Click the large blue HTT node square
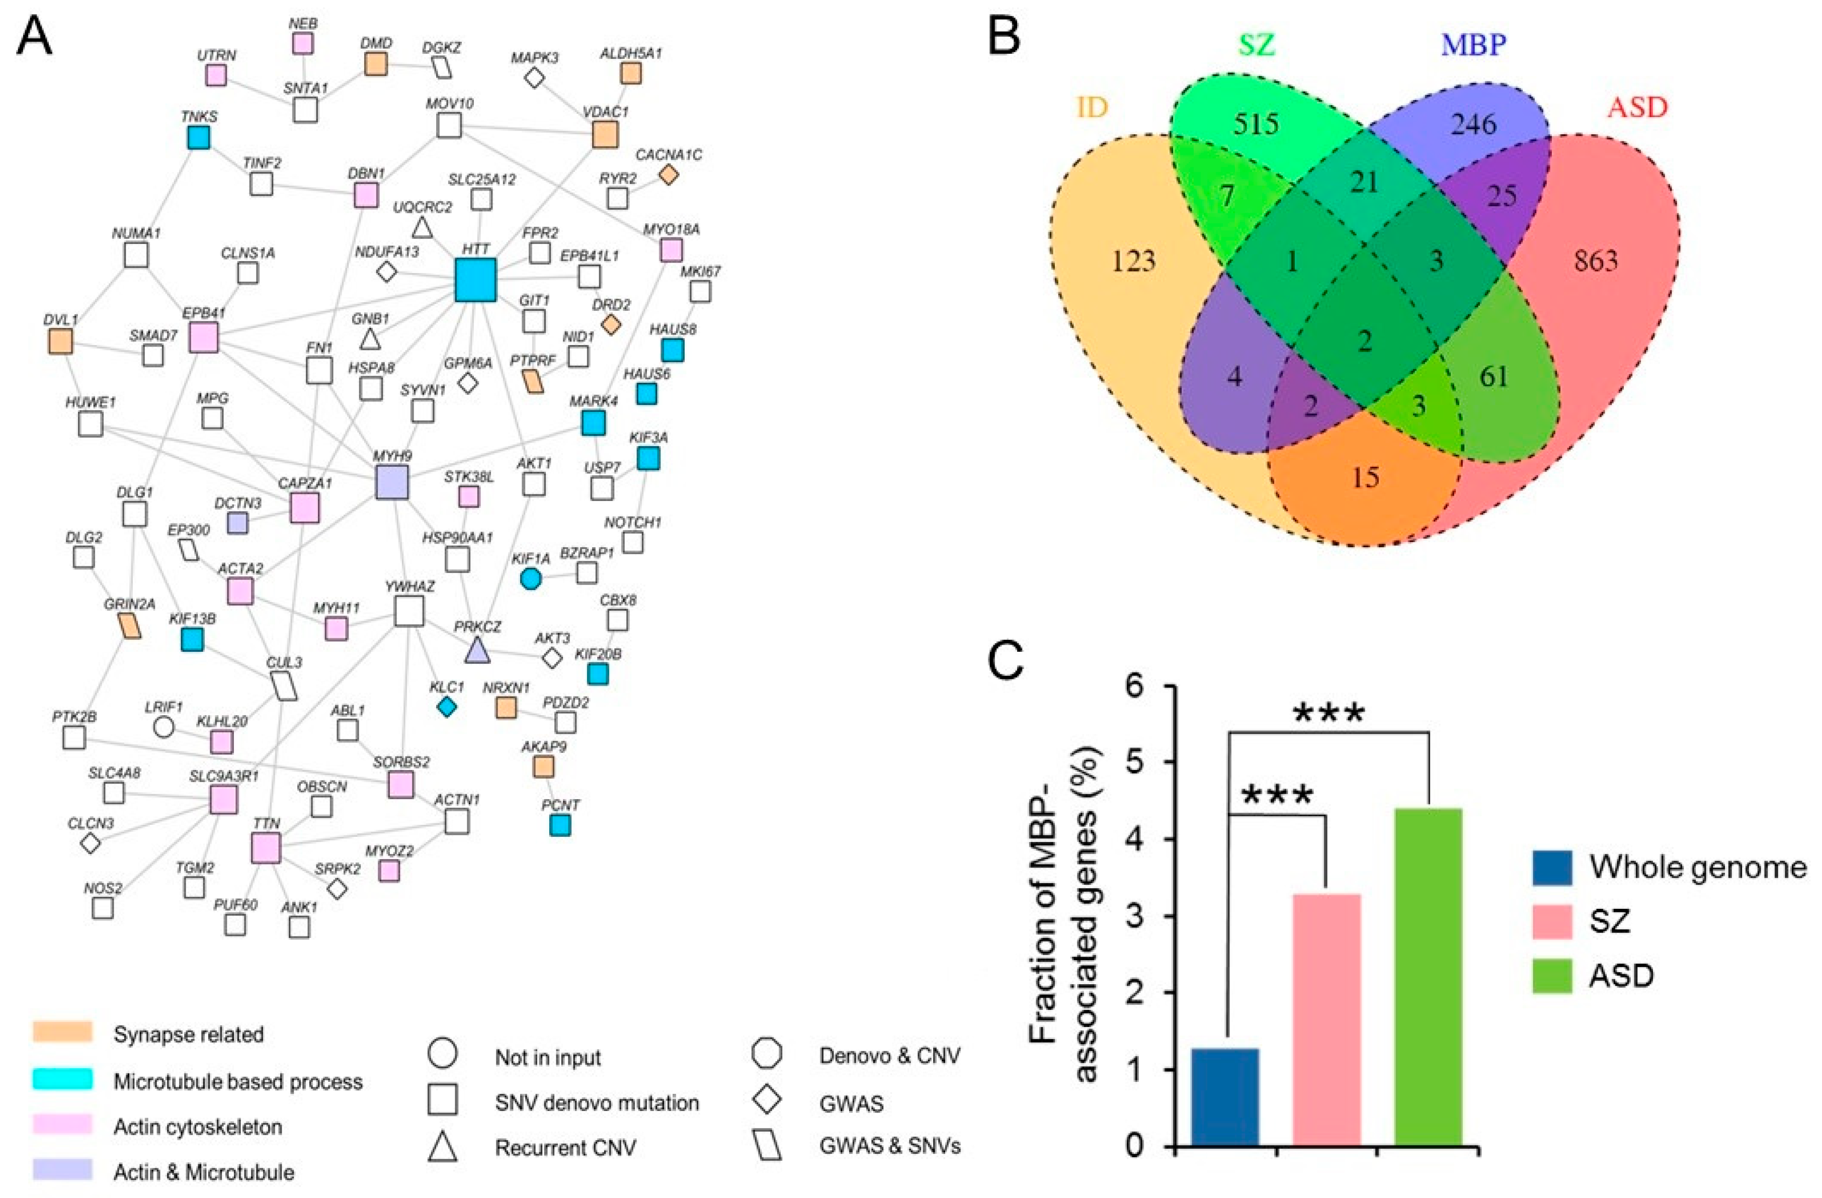475,280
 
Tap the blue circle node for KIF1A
531,579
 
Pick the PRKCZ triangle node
477,651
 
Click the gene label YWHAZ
409,587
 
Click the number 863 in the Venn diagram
1596,262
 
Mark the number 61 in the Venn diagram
1494,377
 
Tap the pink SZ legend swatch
1552,921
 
